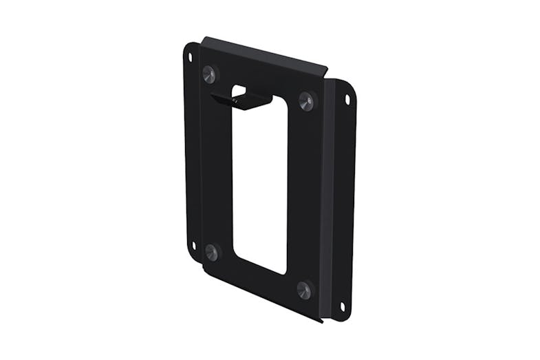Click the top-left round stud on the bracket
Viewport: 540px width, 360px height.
coord(210,73)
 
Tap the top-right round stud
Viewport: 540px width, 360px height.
coord(306,102)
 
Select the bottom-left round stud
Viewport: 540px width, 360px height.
coord(212,252)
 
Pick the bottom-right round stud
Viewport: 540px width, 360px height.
coord(304,288)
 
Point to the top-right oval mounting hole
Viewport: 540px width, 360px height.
coord(347,100)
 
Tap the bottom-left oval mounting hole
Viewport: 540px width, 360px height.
coord(194,245)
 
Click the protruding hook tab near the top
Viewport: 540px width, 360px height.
coord(241,100)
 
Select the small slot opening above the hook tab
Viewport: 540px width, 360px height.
coord(239,90)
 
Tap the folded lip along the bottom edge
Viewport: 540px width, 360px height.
coord(261,293)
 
